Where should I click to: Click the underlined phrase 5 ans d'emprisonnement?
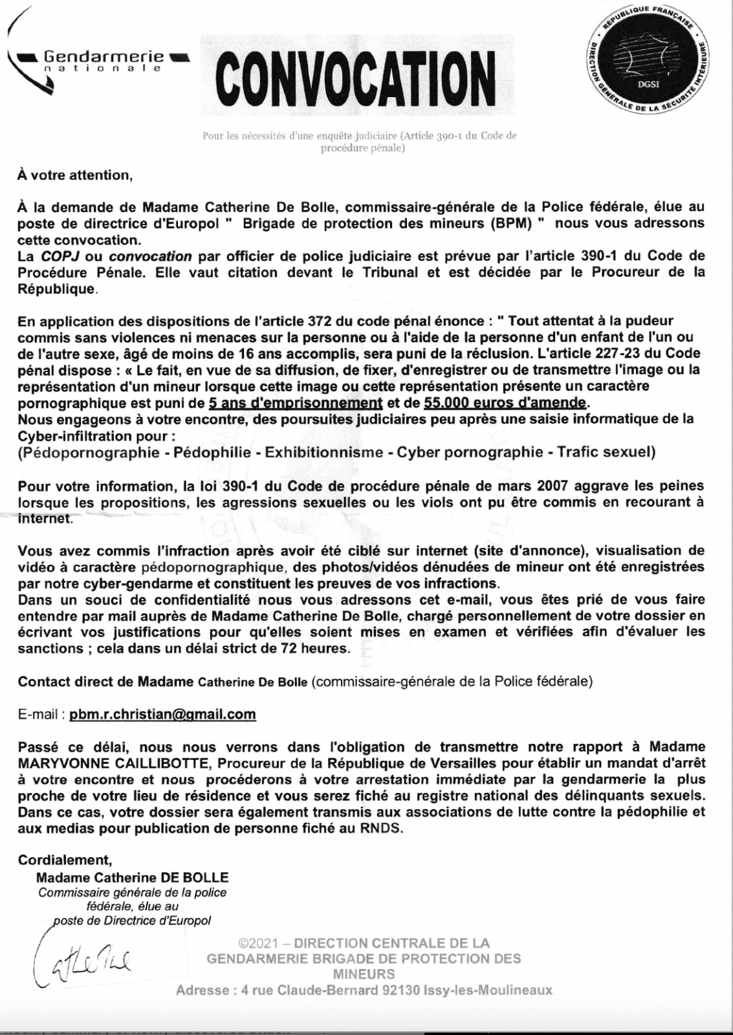tap(296, 402)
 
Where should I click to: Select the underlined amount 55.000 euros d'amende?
tap(505, 402)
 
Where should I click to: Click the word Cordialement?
tap(65, 860)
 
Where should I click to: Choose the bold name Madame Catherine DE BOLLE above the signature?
tap(133, 878)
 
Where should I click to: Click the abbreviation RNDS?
tap(384, 829)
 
